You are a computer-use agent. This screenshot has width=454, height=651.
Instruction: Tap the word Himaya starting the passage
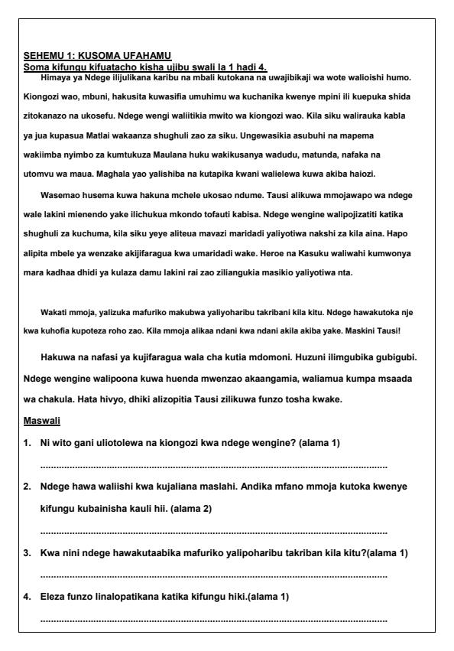(x=66, y=77)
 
